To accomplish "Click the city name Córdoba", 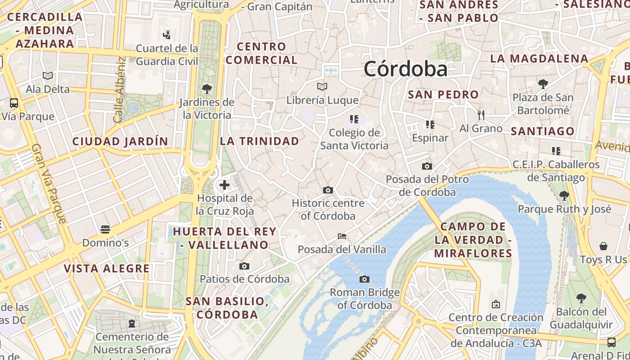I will pos(405,69).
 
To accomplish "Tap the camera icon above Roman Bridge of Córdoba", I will pos(364,279).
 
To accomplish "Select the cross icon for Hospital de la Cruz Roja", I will pos(224,185).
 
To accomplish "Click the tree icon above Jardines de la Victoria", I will pos(207,89).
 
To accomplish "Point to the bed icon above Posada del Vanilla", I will pos(342,236).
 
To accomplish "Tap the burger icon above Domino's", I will pos(105,229).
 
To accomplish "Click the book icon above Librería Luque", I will pos(322,86).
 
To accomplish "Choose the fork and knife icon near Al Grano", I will pos(481,115).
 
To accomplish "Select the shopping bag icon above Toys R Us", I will pos(603,246).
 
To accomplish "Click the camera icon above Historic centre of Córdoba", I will pos(328,190).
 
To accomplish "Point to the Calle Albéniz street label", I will pos(119,90).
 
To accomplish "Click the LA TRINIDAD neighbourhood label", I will pos(260,141).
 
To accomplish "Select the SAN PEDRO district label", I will pos(443,95).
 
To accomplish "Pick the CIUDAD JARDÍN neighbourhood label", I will pos(120,141).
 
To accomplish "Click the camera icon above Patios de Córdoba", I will pos(244,266).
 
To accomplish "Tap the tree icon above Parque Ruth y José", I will pos(564,196).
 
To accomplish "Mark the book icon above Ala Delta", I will pos(48,76).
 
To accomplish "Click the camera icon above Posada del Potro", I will pos(427,166).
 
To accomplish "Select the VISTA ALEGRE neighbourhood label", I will pos(107,269).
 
